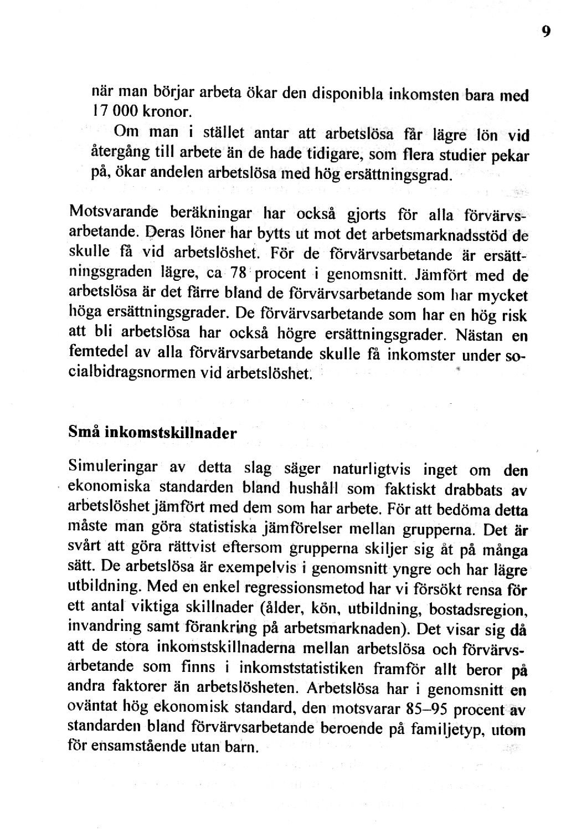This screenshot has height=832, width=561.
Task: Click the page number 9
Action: [x=545, y=32]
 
